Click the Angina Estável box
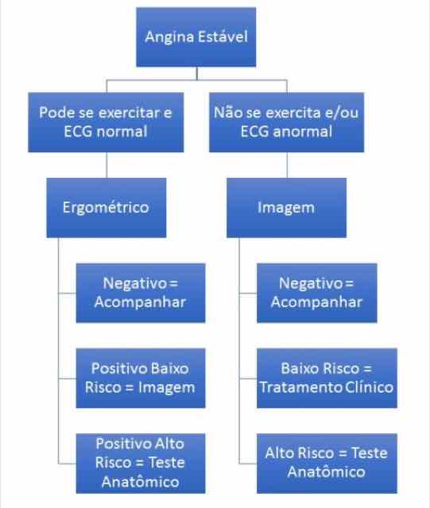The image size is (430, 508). [x=196, y=37]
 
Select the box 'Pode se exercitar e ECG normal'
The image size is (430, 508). [x=106, y=122]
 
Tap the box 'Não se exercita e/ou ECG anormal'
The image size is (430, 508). [x=287, y=122]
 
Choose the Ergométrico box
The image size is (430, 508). [x=107, y=208]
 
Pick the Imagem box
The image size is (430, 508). [x=287, y=208]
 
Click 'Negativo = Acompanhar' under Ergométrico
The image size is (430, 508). [x=141, y=293]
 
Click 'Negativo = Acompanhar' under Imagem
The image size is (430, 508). [x=317, y=293]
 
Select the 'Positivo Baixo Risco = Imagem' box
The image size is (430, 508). [x=141, y=378]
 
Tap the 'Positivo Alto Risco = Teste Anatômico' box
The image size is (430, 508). [x=141, y=464]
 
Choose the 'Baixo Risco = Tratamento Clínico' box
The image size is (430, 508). [x=327, y=378]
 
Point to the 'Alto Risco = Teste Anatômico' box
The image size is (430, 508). [x=327, y=464]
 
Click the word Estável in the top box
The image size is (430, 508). [x=223, y=37]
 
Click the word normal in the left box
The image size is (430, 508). [x=122, y=132]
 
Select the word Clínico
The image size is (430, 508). [x=370, y=387]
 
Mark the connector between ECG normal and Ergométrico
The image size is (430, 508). [x=107, y=165]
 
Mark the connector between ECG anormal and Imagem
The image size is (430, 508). [x=287, y=165]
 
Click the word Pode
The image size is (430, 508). [x=54, y=113]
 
